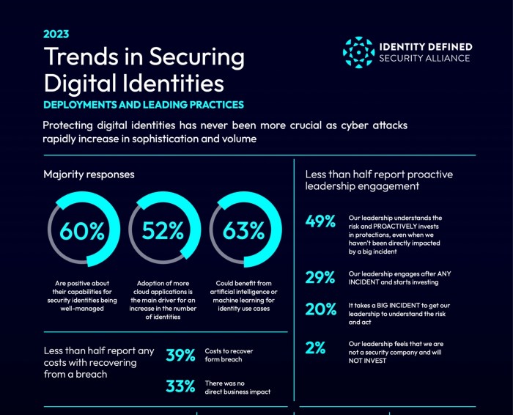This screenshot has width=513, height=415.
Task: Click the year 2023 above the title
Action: click(56, 34)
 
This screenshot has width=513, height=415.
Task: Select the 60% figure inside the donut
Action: click(83, 231)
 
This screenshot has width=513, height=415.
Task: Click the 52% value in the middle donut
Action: click(163, 231)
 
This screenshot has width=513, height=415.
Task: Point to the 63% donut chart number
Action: click(243, 231)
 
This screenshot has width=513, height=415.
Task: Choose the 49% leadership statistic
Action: click(320, 221)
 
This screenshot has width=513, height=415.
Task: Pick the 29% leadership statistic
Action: click(320, 277)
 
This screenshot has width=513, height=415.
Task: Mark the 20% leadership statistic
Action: click(320, 309)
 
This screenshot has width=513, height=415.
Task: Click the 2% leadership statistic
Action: click(316, 348)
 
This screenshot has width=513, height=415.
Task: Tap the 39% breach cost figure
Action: click(180, 356)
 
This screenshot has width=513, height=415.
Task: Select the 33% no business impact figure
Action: click(180, 386)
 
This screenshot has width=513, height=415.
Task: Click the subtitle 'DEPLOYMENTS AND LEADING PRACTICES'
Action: click(143, 105)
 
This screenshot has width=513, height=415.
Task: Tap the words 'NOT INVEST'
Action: click(370, 361)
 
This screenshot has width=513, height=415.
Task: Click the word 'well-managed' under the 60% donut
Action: click(83, 309)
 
